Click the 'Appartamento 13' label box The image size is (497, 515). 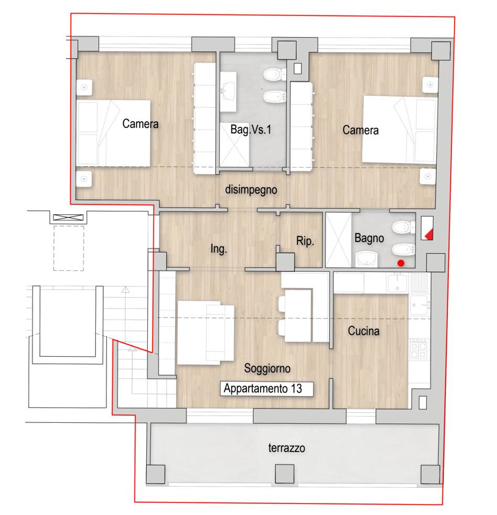[x=266, y=389]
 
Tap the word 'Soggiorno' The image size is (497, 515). [x=267, y=368]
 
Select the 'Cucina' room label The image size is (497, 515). [x=363, y=331]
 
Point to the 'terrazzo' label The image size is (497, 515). [x=287, y=447]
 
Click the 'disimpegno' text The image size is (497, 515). [x=251, y=190]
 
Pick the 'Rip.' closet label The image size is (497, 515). [x=305, y=241]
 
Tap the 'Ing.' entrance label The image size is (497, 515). [x=219, y=249]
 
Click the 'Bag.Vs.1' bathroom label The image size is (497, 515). [x=251, y=129]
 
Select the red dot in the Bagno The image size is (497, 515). [x=401, y=263]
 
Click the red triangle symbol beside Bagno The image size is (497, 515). [x=429, y=235]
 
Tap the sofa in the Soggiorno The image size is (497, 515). [x=206, y=333]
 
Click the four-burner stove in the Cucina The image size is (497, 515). [x=419, y=349]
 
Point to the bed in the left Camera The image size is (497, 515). [x=113, y=133]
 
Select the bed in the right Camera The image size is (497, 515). [x=399, y=130]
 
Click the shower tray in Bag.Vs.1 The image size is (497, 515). [x=234, y=145]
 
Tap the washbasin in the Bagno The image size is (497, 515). [x=366, y=259]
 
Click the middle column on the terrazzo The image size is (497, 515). [x=284, y=474]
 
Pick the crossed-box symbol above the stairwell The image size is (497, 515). [x=68, y=217]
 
